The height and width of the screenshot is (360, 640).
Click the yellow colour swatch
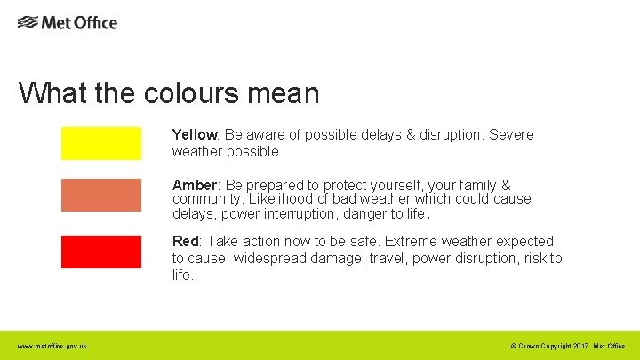pyautogui.click(x=100, y=143)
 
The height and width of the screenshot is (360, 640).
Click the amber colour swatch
pyautogui.click(x=100, y=196)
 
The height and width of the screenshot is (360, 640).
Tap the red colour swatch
pyautogui.click(x=100, y=252)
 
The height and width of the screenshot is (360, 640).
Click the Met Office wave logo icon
pyautogui.click(x=28, y=22)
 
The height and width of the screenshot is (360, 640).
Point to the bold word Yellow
pyautogui.click(x=195, y=135)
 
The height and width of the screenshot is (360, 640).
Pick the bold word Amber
pyautogui.click(x=195, y=186)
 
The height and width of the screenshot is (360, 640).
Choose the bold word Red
pyautogui.click(x=186, y=242)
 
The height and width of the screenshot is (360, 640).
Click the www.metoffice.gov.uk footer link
pyautogui.click(x=52, y=346)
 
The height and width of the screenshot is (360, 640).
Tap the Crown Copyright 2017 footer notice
pyautogui.click(x=568, y=346)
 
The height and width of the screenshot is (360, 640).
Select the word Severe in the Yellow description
pyautogui.click(x=510, y=135)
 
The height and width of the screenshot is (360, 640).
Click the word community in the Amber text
pyautogui.click(x=204, y=199)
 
